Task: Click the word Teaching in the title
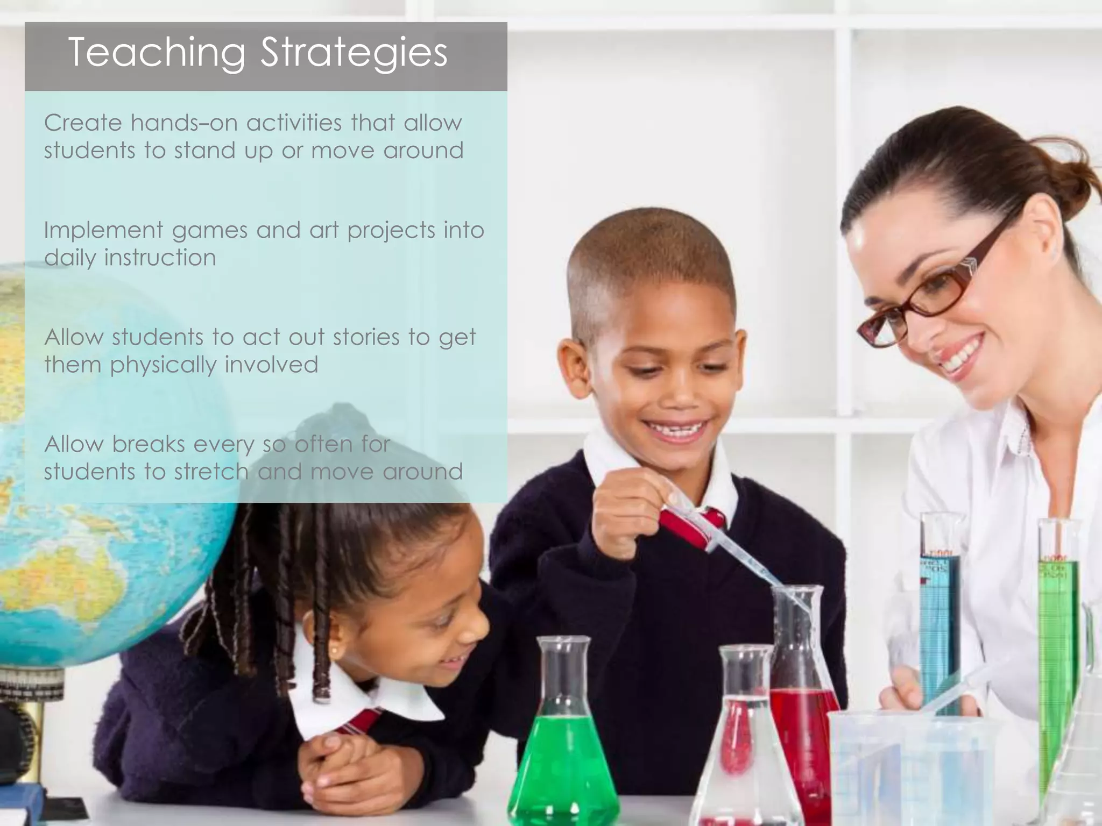156,53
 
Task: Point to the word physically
164,365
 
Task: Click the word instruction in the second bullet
160,258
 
